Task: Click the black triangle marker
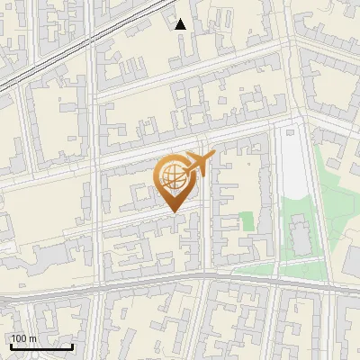coord(180,24)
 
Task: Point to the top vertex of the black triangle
coord(180,19)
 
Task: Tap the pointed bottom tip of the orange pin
coord(173,212)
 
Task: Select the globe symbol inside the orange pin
coord(171,176)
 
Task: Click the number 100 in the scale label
coord(20,338)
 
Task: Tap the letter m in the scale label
coord(33,338)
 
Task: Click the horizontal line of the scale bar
coord(41,346)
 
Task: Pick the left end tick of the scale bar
coord(11,345)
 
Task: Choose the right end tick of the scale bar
coord(72,345)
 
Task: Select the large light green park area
coord(306,216)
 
